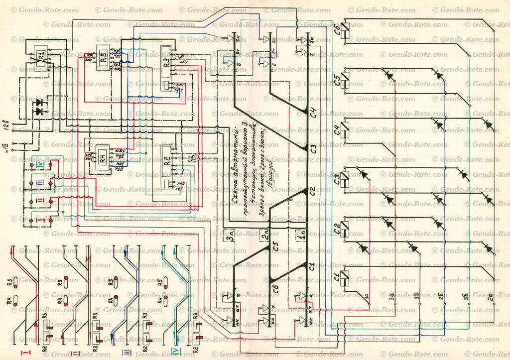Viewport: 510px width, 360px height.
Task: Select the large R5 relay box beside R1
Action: click(104, 59)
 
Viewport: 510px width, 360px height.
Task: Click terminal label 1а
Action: click(367, 296)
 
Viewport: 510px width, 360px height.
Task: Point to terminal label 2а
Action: click(490, 297)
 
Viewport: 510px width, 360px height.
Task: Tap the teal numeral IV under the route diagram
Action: click(162, 353)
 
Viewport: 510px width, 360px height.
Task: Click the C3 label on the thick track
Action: click(313, 149)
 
